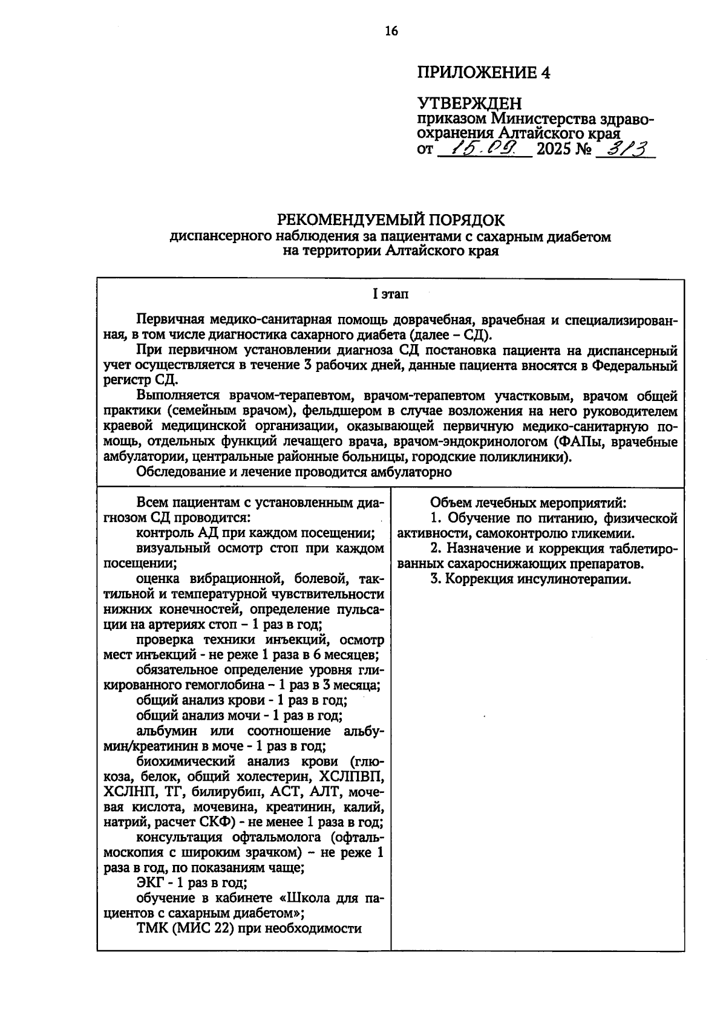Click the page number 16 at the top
tap(391, 32)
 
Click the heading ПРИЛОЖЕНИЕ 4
tap(483, 73)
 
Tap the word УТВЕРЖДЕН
tap(469, 105)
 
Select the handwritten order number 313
tap(627, 148)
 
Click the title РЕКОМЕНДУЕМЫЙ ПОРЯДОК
tap(390, 219)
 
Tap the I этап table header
tap(390, 295)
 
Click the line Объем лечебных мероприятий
tap(528, 503)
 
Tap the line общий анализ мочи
tap(240, 715)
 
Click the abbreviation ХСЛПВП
tap(350, 777)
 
